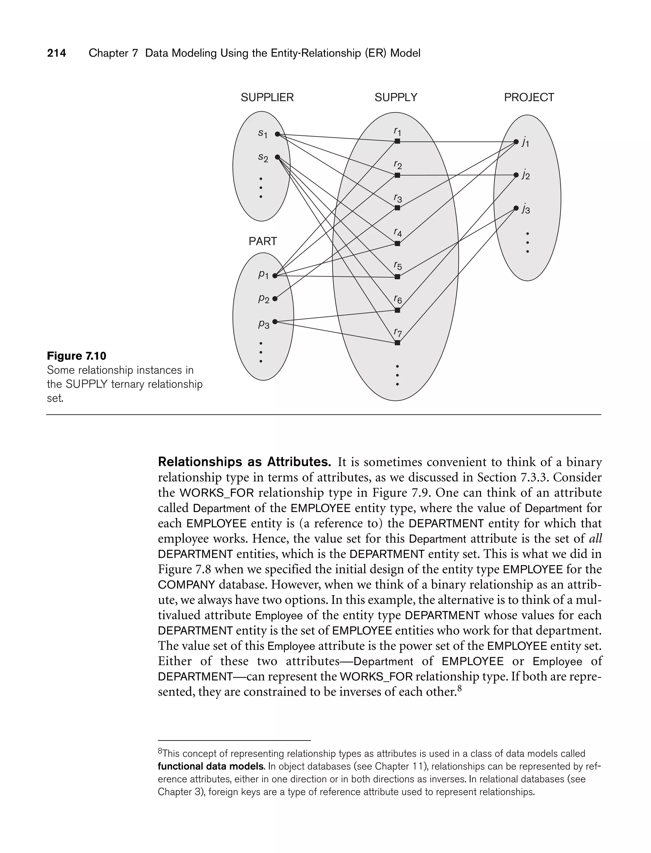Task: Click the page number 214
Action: tap(57, 53)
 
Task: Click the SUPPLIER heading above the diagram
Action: tap(267, 97)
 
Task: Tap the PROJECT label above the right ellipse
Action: tap(529, 97)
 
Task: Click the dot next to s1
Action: tap(278, 134)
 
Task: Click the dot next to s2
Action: tap(278, 157)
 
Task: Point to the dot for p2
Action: tap(275, 299)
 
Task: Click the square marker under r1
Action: tap(397, 141)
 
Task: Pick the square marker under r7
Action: tap(397, 343)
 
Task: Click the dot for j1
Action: tap(516, 142)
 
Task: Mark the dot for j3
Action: tap(516, 208)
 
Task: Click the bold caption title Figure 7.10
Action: tap(76, 356)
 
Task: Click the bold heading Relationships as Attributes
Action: tap(244, 462)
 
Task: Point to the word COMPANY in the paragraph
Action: tap(186, 584)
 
